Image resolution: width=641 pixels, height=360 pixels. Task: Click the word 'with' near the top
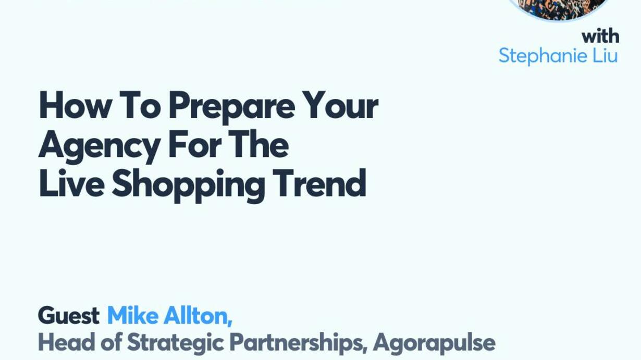[x=600, y=36]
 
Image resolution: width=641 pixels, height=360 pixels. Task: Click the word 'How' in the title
[x=76, y=104]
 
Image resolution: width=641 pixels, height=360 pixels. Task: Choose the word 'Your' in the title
[x=340, y=104]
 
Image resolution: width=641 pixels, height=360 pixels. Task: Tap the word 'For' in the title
[x=195, y=144]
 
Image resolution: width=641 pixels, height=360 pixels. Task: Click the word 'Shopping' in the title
[x=188, y=185]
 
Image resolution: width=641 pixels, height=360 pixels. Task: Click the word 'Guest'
[x=69, y=315]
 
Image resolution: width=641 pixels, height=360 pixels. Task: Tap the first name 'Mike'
[x=133, y=315]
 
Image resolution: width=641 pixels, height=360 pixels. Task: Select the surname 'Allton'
[x=198, y=316]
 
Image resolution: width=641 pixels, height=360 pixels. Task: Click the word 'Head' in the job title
[x=66, y=342]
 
